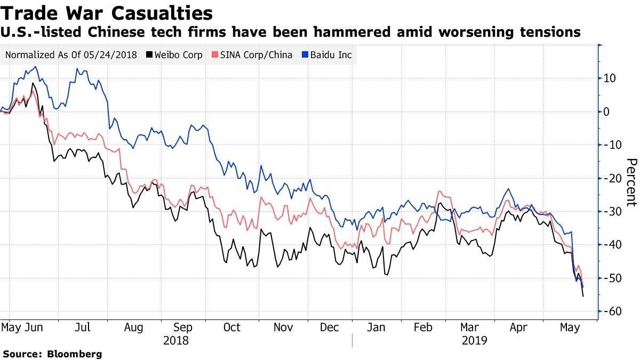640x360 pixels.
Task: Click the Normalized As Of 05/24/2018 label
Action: pos(71,55)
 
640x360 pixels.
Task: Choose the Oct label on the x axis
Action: pos(232,327)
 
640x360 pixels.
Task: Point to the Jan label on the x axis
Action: pos(377,327)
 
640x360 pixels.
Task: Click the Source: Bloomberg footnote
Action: pos(52,354)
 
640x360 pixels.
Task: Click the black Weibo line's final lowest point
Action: pos(583,297)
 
